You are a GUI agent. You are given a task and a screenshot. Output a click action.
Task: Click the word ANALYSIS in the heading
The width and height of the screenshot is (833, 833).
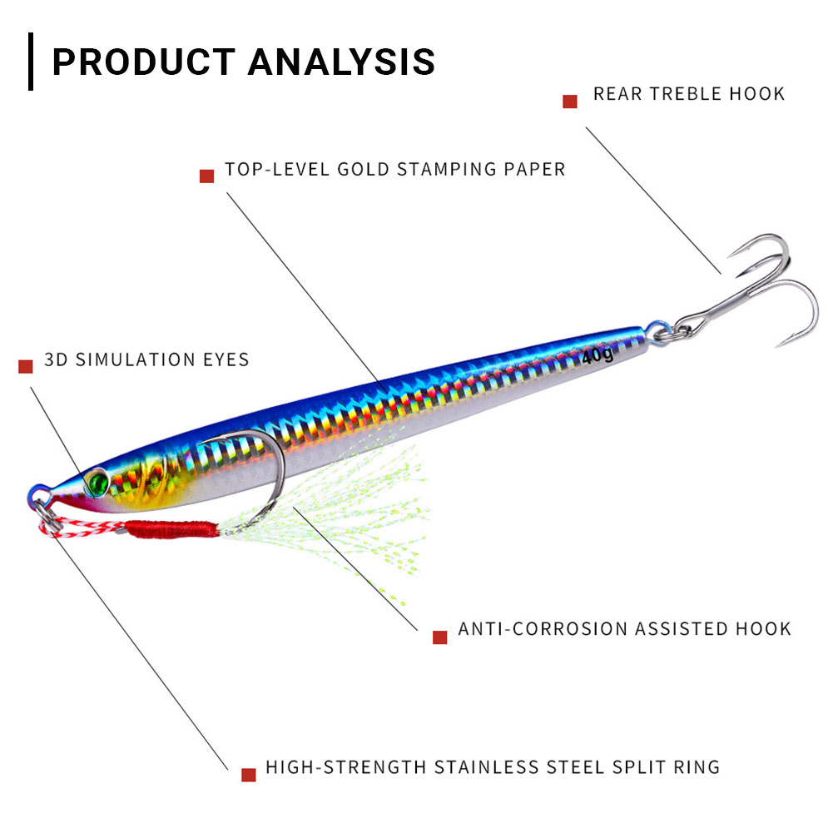click(x=342, y=62)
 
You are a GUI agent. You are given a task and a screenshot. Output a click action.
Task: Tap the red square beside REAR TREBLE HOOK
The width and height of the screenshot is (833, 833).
click(x=570, y=102)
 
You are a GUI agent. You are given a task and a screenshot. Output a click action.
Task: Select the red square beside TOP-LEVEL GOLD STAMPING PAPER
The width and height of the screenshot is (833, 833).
click(x=207, y=176)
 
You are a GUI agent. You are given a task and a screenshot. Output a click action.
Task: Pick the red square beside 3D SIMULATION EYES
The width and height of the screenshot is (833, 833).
click(x=26, y=366)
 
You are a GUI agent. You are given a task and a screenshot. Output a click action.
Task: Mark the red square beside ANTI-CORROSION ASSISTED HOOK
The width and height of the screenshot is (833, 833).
click(x=440, y=637)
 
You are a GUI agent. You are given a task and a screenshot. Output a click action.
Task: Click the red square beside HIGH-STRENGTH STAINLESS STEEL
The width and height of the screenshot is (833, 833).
click(x=248, y=774)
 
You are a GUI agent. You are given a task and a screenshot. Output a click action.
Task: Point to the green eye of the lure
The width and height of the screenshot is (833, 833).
click(x=98, y=480)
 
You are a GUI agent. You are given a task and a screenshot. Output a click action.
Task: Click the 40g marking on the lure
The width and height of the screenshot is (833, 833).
click(x=597, y=356)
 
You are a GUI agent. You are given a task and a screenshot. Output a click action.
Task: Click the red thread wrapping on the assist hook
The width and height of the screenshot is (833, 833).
click(x=171, y=528)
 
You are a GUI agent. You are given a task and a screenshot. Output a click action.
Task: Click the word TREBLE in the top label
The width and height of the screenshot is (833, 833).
click(x=687, y=93)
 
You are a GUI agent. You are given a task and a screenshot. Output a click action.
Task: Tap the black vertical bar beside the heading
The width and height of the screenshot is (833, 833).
click(x=31, y=62)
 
